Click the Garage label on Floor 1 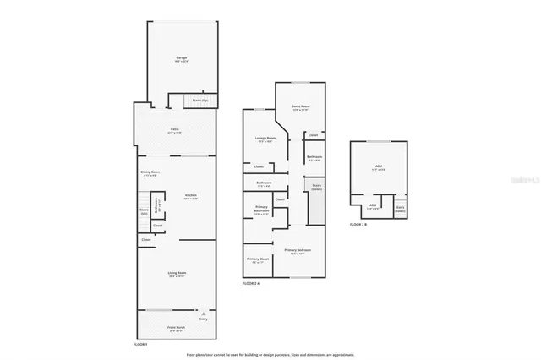click(x=181, y=59)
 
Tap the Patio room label click(x=174, y=131)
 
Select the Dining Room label click(x=150, y=173)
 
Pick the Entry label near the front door click(x=203, y=319)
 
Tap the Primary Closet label click(x=258, y=260)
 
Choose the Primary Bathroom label click(x=261, y=210)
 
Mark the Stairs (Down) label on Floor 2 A click(x=316, y=188)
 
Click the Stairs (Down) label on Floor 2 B click(x=400, y=207)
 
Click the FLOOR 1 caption click(x=140, y=345)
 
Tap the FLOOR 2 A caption click(x=251, y=284)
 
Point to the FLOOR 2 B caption click(x=358, y=225)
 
